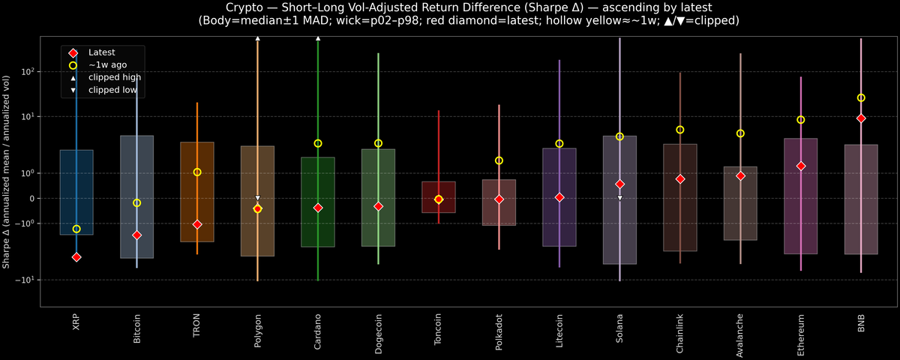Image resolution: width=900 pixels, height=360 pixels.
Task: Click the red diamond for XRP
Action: point(76,257)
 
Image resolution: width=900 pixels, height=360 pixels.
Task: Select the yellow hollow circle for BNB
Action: point(861,97)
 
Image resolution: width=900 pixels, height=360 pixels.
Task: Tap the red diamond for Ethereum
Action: point(801,166)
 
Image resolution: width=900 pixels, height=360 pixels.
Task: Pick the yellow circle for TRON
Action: point(197,172)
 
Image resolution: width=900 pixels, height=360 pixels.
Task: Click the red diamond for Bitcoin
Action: point(136,235)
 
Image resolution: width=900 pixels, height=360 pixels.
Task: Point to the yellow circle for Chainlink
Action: point(680,130)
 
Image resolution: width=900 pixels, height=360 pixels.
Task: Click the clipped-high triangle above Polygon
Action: point(257,37)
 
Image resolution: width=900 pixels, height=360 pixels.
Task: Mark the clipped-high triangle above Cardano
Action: point(318,37)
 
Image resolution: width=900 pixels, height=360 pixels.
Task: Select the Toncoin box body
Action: point(439,197)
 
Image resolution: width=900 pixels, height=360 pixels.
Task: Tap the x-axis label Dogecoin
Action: point(379,334)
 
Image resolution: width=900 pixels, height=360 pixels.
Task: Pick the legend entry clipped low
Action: point(112,89)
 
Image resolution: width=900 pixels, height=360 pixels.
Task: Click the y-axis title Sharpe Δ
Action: point(7,172)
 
